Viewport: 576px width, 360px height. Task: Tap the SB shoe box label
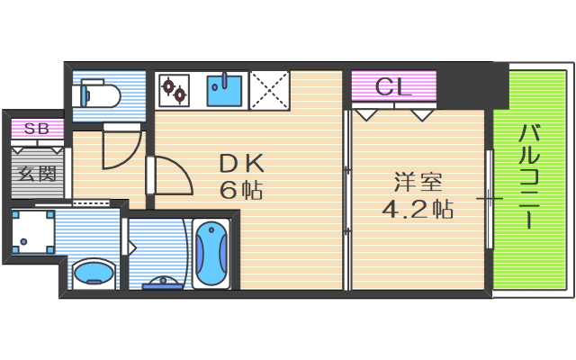[37, 129]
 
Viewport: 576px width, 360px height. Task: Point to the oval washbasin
[92, 272]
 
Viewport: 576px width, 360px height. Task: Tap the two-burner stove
[174, 89]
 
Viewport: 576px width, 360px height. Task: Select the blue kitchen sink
[224, 89]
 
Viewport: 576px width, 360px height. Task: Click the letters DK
[240, 164]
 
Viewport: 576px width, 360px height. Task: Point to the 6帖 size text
[240, 191]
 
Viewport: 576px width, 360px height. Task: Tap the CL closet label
[393, 88]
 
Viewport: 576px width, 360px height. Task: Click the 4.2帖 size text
[415, 210]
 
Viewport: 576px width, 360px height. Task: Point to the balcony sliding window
[490, 198]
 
